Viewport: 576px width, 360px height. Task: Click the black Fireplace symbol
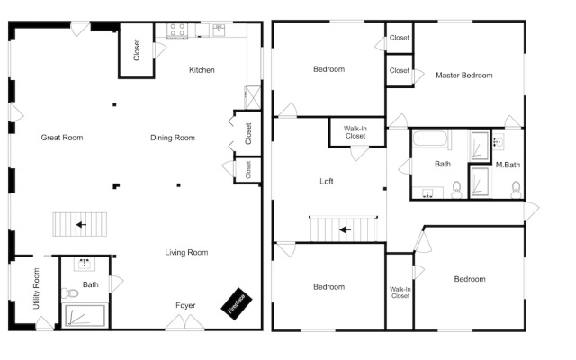point(237,303)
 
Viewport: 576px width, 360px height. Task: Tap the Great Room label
point(62,138)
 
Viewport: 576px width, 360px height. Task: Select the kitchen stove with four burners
point(177,31)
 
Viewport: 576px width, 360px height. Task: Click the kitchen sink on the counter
point(219,30)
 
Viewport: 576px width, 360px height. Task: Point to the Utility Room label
point(36,288)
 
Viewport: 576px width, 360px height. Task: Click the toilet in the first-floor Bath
point(70,292)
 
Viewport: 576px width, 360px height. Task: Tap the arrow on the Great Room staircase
point(81,224)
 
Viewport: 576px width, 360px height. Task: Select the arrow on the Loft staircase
point(345,230)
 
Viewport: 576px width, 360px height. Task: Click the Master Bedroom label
point(464,76)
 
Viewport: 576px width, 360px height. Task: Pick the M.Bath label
point(508,165)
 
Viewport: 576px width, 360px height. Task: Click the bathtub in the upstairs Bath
point(430,139)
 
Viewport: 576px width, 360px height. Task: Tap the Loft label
point(327,182)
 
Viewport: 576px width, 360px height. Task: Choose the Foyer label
point(185,306)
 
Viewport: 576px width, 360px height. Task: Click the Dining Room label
point(173,138)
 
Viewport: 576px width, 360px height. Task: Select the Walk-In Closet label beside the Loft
point(355,132)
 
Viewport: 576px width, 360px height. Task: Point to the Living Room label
point(186,252)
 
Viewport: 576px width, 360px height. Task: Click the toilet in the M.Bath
point(516,189)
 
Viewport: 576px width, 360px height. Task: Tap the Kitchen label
point(202,70)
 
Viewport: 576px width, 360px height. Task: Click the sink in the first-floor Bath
point(85,264)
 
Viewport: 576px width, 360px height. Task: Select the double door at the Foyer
point(184,322)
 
